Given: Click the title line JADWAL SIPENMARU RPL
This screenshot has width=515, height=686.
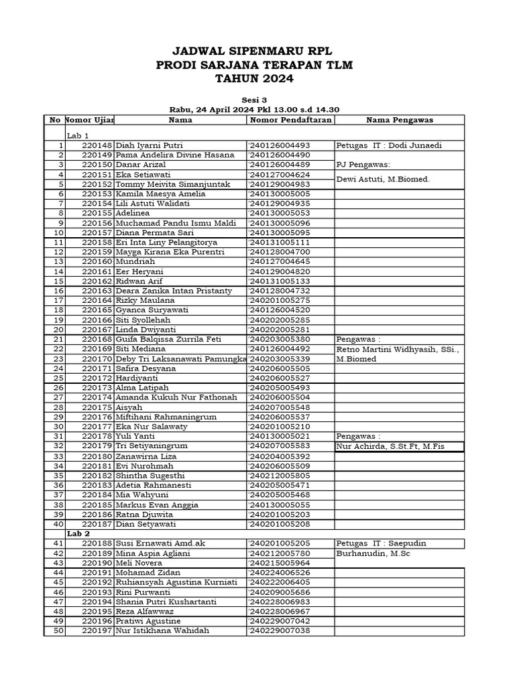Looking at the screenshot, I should [253, 51].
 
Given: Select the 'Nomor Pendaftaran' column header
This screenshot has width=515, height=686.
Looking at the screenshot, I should [290, 120].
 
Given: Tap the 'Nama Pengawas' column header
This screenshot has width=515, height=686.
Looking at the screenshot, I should [400, 120].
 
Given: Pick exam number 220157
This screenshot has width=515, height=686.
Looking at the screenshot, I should [97, 232].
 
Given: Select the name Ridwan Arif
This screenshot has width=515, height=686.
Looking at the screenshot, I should [135, 281].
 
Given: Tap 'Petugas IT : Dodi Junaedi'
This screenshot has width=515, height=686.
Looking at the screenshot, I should [389, 145].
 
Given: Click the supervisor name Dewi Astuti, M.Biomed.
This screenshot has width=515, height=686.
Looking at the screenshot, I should [383, 179].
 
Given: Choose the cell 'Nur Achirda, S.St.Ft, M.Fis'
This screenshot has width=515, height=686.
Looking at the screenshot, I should [390, 446].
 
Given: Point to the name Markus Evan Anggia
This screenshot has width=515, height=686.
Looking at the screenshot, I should [157, 504].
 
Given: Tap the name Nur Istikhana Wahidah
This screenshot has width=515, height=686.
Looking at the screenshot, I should [162, 631].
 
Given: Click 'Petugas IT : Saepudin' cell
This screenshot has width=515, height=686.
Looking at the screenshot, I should [381, 543].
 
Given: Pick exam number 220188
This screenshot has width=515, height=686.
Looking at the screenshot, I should [97, 543].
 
